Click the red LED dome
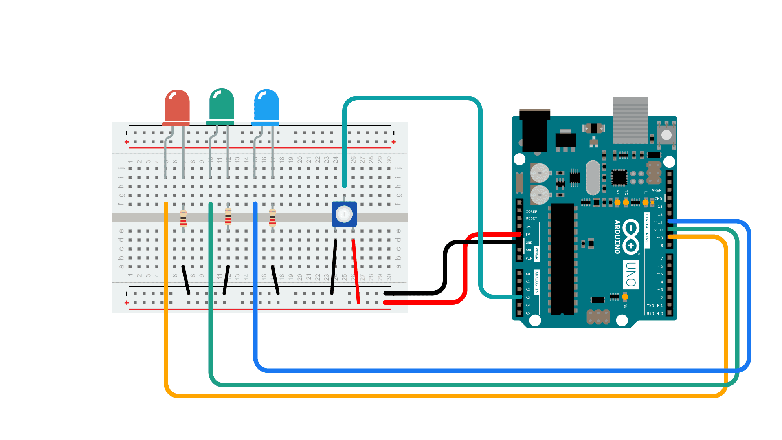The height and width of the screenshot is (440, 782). [x=177, y=106]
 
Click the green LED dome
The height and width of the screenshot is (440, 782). [x=222, y=105]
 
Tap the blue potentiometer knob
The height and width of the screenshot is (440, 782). [x=344, y=214]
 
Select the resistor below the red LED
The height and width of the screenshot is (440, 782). [x=183, y=218]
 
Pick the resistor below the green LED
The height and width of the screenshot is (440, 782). [x=228, y=217]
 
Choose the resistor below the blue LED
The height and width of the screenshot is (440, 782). [x=272, y=218]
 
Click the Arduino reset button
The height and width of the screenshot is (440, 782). [x=666, y=135]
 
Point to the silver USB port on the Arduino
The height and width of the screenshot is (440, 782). [x=630, y=120]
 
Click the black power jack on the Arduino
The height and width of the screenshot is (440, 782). [x=535, y=130]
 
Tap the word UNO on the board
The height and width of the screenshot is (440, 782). [x=631, y=275]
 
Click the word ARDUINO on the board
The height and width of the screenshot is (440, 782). [x=617, y=237]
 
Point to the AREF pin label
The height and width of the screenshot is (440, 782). [x=656, y=191]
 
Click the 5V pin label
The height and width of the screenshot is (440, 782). [x=528, y=235]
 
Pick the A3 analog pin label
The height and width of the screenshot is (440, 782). [x=528, y=297]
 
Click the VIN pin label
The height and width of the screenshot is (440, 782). [x=529, y=258]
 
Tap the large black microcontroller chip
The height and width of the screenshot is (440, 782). [x=562, y=259]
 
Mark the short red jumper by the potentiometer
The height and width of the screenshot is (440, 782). [x=356, y=271]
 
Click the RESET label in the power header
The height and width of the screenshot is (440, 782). [x=531, y=218]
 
